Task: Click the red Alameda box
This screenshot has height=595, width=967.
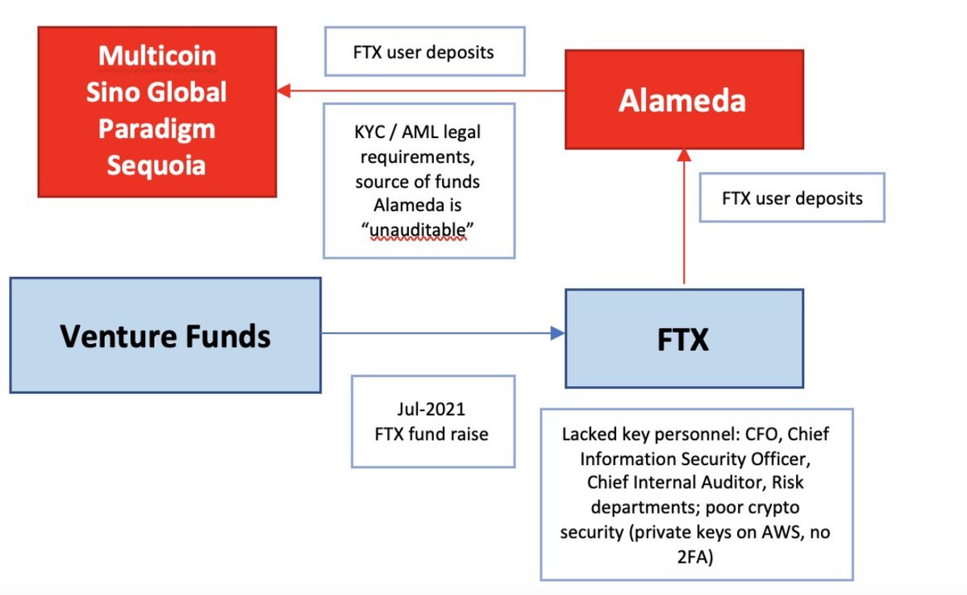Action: coord(683,99)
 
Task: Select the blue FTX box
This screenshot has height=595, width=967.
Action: coord(683,338)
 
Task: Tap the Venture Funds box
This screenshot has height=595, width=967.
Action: coord(165,335)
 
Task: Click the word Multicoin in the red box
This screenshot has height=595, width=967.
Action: coord(157,56)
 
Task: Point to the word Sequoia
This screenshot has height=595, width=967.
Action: coord(156,166)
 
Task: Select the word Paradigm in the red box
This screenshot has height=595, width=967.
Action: coord(156,129)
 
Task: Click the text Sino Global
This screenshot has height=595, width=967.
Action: coord(156,92)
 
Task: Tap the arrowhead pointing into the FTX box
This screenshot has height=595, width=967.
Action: coord(556,332)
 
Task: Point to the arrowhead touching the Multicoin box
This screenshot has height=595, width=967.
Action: coord(284,90)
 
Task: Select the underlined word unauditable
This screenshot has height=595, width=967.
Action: coord(418,230)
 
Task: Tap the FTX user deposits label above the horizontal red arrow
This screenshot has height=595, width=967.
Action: coord(423,52)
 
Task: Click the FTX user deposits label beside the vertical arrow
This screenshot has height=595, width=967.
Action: coord(792,197)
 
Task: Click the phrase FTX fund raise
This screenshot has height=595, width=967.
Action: coord(431,434)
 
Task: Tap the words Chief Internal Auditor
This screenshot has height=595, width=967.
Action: coord(654,482)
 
